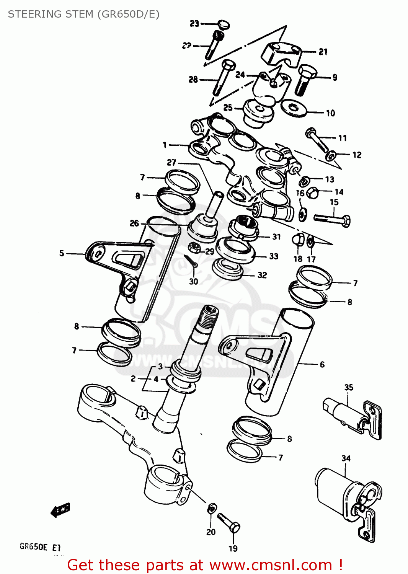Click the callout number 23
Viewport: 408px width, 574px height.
(x=194, y=24)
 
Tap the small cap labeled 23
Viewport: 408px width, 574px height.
(x=224, y=24)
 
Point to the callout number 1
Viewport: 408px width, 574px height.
(x=165, y=145)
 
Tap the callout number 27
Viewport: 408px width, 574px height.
(x=171, y=163)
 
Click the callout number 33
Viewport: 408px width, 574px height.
(x=274, y=256)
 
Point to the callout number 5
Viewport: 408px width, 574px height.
(x=62, y=253)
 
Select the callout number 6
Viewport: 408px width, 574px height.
(x=322, y=365)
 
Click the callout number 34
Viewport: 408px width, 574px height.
(x=346, y=458)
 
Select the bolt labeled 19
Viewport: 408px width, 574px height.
(x=229, y=523)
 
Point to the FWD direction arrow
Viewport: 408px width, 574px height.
(x=60, y=510)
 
